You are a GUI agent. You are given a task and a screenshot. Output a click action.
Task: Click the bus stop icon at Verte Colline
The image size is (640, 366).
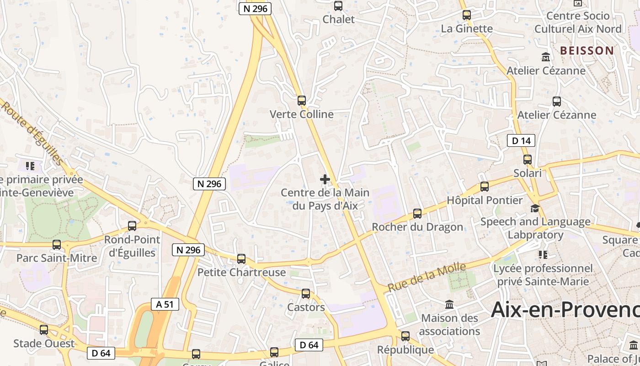[x=301, y=101]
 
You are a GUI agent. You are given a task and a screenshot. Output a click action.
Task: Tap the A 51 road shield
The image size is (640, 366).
[x=165, y=304]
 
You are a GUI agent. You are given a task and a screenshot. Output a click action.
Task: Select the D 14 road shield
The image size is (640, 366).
[x=521, y=140]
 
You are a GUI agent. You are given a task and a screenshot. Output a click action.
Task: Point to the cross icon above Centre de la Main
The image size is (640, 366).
[x=325, y=179]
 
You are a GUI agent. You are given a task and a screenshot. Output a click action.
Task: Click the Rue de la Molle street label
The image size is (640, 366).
[x=427, y=277]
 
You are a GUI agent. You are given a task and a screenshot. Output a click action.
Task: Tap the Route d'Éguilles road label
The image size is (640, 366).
[x=32, y=133]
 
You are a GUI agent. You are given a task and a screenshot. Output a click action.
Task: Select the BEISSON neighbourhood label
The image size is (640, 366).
[x=587, y=51]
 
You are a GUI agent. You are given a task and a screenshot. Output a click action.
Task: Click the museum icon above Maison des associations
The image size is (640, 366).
[x=449, y=304]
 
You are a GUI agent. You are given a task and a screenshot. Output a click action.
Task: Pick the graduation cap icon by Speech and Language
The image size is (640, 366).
[x=534, y=209]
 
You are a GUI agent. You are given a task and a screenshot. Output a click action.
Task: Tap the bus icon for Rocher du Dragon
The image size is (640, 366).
[x=417, y=213]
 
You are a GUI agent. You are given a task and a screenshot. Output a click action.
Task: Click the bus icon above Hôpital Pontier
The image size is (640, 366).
[x=484, y=187]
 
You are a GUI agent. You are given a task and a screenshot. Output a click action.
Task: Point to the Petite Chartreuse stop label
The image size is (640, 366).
[x=241, y=272]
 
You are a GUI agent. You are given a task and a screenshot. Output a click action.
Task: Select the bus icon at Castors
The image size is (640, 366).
[x=305, y=294]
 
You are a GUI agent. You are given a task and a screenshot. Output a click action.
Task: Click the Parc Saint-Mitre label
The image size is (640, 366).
[x=57, y=258]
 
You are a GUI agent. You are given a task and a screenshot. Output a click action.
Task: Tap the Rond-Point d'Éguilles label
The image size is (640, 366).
[x=132, y=246]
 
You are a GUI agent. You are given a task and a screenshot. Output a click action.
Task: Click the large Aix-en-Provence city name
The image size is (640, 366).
[x=565, y=310]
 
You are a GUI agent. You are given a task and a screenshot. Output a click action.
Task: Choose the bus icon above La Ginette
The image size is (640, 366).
[x=466, y=15]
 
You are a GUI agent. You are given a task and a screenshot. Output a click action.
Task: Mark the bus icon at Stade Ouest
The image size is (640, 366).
[x=44, y=329]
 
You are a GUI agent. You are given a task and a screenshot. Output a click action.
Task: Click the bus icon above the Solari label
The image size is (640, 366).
[x=528, y=160]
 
